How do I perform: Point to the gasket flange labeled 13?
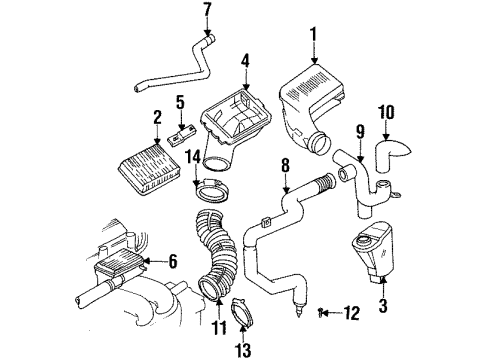244,310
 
